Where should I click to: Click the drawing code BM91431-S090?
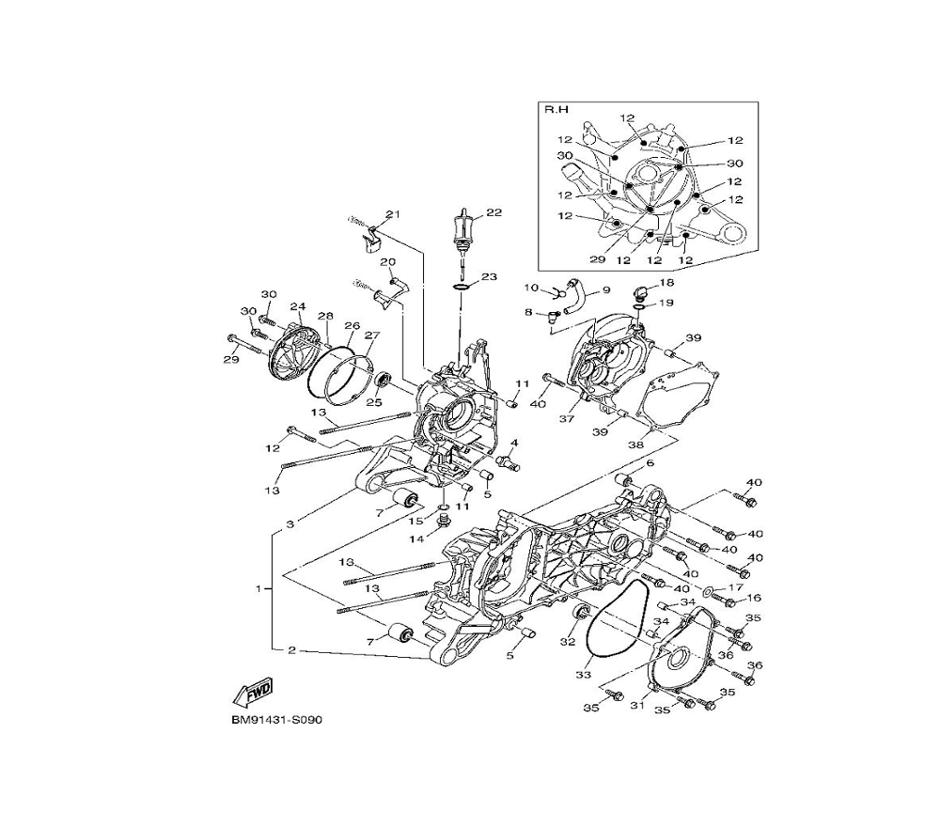(x=277, y=720)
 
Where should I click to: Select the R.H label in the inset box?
(x=556, y=110)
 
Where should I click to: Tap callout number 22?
(x=494, y=212)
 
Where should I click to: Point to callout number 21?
(x=393, y=214)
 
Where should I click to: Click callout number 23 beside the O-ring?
(x=489, y=277)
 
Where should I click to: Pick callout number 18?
(x=666, y=282)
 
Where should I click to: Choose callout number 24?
(x=298, y=306)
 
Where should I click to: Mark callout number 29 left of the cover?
(x=231, y=360)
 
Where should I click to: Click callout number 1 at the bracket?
(x=259, y=588)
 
